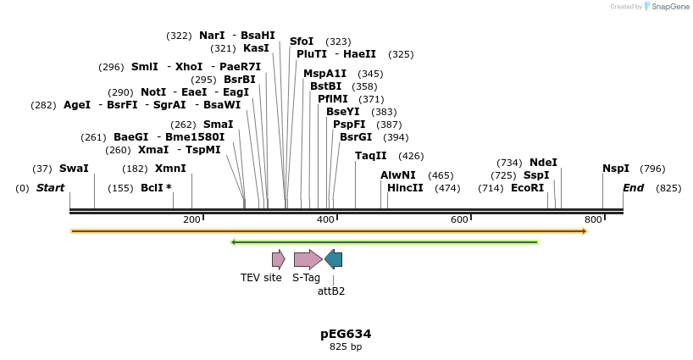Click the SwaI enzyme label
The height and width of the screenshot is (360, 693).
click(74, 169)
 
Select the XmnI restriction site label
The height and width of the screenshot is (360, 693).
click(170, 169)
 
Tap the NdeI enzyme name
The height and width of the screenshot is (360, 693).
click(543, 163)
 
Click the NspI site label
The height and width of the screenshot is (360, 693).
click(616, 169)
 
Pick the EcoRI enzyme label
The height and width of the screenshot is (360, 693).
click(527, 188)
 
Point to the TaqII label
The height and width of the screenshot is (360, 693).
click(370, 156)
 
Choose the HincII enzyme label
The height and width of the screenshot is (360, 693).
click(405, 188)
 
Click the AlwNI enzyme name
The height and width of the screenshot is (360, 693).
click(398, 175)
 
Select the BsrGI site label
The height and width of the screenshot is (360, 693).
click(356, 137)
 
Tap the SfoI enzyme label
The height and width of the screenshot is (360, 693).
click(302, 42)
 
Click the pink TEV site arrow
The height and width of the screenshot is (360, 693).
click(278, 259)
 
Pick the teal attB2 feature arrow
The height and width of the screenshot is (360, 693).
click(334, 259)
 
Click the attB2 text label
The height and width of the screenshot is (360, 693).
click(331, 291)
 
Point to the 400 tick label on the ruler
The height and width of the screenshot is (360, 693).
click(325, 220)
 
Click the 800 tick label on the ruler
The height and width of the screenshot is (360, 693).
click(593, 220)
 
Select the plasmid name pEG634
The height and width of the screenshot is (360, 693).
click(346, 334)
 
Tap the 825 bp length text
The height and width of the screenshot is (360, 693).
click(346, 346)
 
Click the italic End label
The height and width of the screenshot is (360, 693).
click(633, 188)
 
